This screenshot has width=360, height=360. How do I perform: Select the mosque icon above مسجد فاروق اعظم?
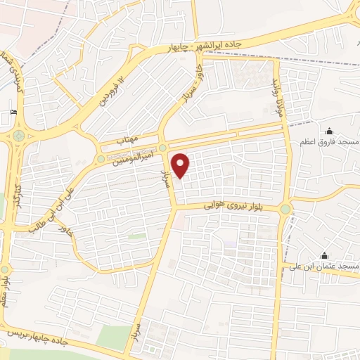pos(328,131)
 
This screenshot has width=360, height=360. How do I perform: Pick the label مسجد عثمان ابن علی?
pos(324,267)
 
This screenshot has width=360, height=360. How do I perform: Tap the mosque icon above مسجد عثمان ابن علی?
pos(323,255)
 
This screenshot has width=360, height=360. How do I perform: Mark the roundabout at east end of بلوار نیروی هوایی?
pos(285,209)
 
